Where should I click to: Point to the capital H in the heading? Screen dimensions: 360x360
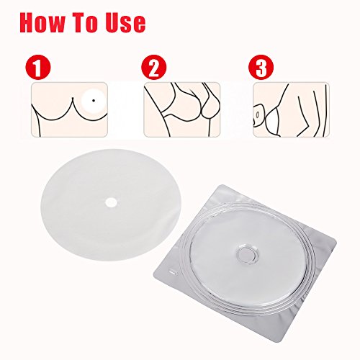tap(30, 21)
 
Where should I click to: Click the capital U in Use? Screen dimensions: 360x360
tap(129, 21)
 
